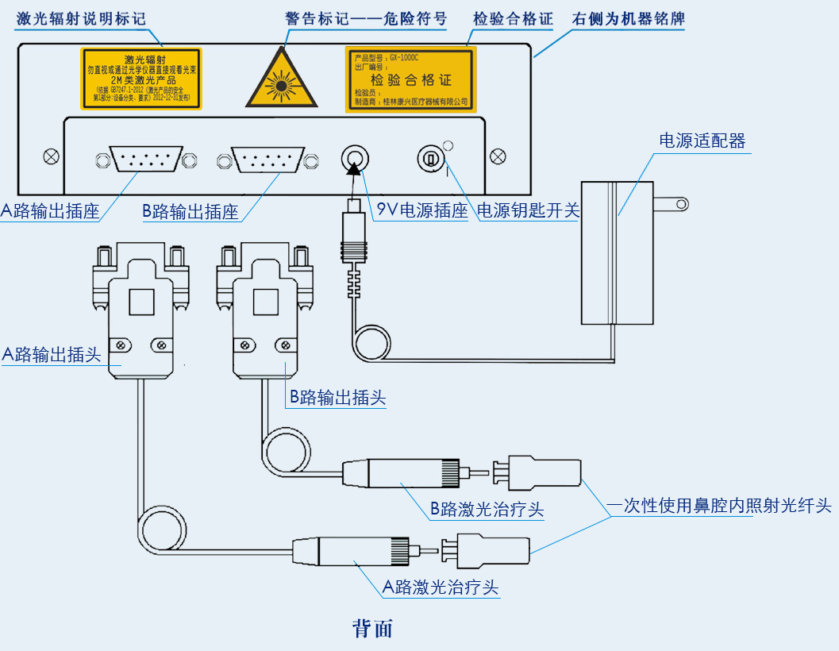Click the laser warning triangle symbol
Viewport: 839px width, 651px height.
tap(282, 82)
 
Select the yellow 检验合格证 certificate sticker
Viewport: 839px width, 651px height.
tap(410, 79)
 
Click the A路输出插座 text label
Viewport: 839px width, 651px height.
tap(50, 211)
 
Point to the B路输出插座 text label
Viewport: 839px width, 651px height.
tap(191, 211)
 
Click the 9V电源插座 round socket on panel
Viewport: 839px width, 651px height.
tap(354, 159)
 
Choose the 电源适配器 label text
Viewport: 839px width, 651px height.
tap(702, 141)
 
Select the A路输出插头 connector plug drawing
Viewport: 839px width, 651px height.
tap(140, 310)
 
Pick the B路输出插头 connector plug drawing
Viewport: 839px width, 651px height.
tap(264, 310)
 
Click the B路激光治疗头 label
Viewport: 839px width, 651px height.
tap(487, 509)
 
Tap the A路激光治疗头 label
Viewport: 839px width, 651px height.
tap(441, 587)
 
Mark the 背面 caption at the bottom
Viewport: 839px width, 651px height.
tap(372, 629)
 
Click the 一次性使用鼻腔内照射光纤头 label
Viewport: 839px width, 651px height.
tap(719, 505)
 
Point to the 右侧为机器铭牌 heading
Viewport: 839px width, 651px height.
tap(629, 17)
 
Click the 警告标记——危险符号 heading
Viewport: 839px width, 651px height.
tap(366, 17)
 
